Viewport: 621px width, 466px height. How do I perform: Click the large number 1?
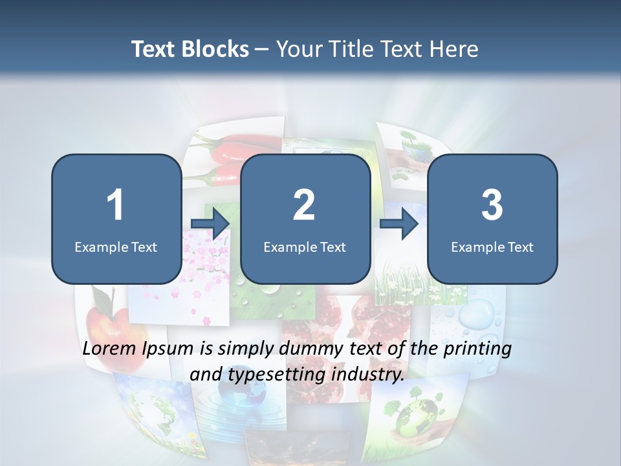115,205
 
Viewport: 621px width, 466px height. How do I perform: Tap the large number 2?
304,205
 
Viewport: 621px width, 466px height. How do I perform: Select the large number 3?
492,205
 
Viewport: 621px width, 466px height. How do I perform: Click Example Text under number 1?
116,247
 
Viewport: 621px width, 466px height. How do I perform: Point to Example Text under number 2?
305,247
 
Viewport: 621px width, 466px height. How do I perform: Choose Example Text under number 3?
492,247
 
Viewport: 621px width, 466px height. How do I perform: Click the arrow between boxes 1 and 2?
210,224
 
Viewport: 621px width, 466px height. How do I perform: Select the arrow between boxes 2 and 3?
399,224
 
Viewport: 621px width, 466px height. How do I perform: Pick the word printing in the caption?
479,349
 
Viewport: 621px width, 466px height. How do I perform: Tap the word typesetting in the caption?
277,373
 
